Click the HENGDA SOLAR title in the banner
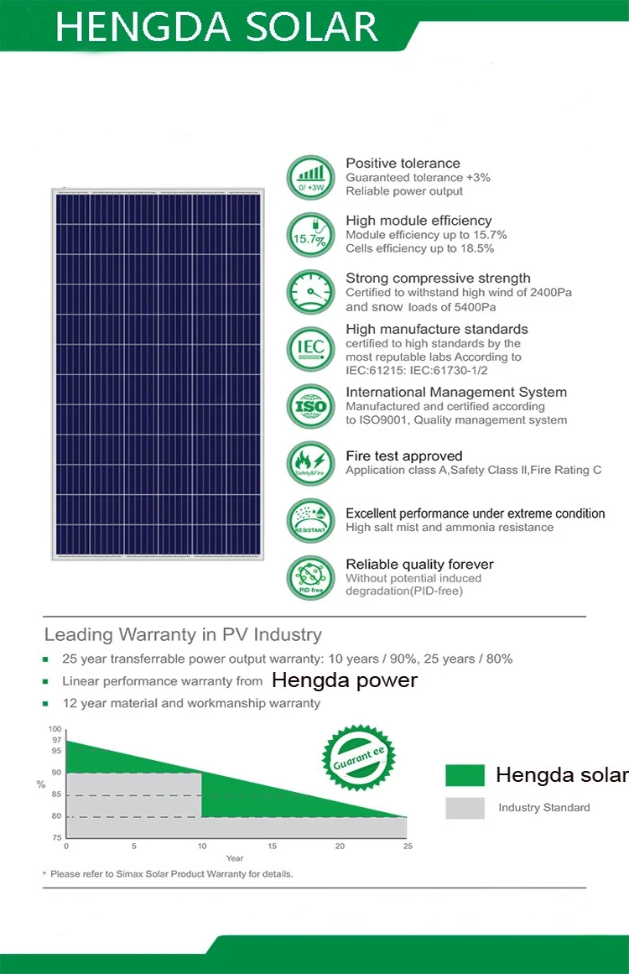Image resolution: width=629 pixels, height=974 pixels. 216,27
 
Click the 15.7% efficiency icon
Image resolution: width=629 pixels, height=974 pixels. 310,234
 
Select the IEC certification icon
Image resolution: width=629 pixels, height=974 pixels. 310,347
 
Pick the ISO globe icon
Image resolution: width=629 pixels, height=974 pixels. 310,405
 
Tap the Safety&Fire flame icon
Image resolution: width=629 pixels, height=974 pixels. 310,462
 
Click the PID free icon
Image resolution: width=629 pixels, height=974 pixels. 310,577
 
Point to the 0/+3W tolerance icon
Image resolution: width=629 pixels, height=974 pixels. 310,177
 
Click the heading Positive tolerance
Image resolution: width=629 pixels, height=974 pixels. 403,163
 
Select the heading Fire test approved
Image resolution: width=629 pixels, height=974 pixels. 403,456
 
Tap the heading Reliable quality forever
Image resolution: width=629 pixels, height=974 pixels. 419,564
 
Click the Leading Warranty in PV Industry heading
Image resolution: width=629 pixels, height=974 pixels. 183,634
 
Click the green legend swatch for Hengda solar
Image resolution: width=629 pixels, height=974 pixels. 465,775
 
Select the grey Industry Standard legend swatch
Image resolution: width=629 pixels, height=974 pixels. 465,808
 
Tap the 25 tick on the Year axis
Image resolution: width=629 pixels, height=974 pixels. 408,846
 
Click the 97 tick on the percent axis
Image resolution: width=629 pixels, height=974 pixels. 56,740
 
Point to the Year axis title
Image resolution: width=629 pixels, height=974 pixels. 235,858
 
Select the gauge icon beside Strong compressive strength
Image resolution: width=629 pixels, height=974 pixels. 310,291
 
